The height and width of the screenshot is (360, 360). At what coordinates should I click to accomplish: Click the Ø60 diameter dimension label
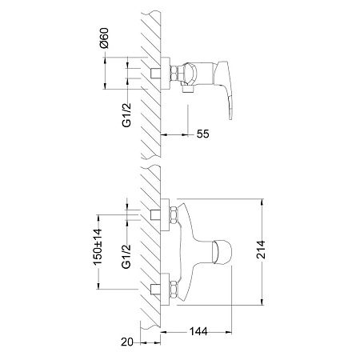pos(105,38)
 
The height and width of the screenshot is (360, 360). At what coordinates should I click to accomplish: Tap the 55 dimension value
pos(203,134)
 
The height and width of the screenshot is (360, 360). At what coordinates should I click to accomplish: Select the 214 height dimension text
pos(261,250)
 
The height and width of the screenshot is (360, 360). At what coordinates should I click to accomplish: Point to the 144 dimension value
pos(198,331)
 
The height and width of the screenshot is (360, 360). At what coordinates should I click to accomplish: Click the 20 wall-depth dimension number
pos(127,342)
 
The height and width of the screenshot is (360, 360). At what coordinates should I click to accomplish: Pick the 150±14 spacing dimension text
pos(98,247)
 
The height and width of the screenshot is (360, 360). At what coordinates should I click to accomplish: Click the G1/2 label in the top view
pos(127,115)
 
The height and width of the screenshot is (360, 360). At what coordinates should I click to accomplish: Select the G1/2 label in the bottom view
pos(126,256)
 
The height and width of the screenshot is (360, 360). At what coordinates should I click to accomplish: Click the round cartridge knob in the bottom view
pos(222,252)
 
